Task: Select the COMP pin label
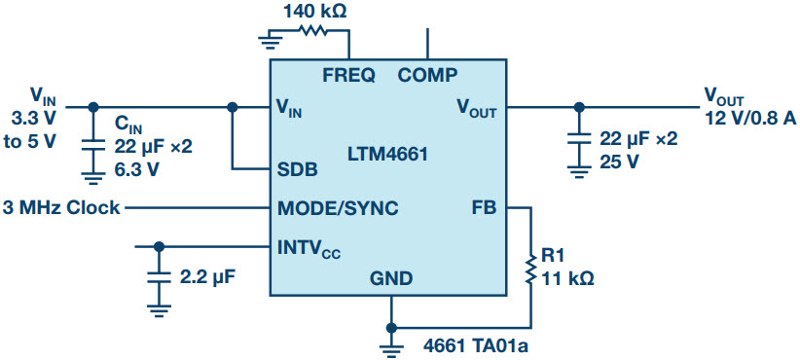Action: point(427,75)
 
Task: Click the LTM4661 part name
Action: point(387,153)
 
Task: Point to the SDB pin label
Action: point(297,168)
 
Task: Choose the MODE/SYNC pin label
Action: point(338,207)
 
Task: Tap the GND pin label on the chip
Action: point(390,278)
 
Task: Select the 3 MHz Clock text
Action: point(62,207)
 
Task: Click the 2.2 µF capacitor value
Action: point(208,276)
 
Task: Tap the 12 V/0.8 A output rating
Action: point(749,118)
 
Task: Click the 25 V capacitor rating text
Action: point(619,161)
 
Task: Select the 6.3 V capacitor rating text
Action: point(137,168)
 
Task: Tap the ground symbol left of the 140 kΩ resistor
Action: point(273,40)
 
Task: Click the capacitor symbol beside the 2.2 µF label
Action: point(158,277)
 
